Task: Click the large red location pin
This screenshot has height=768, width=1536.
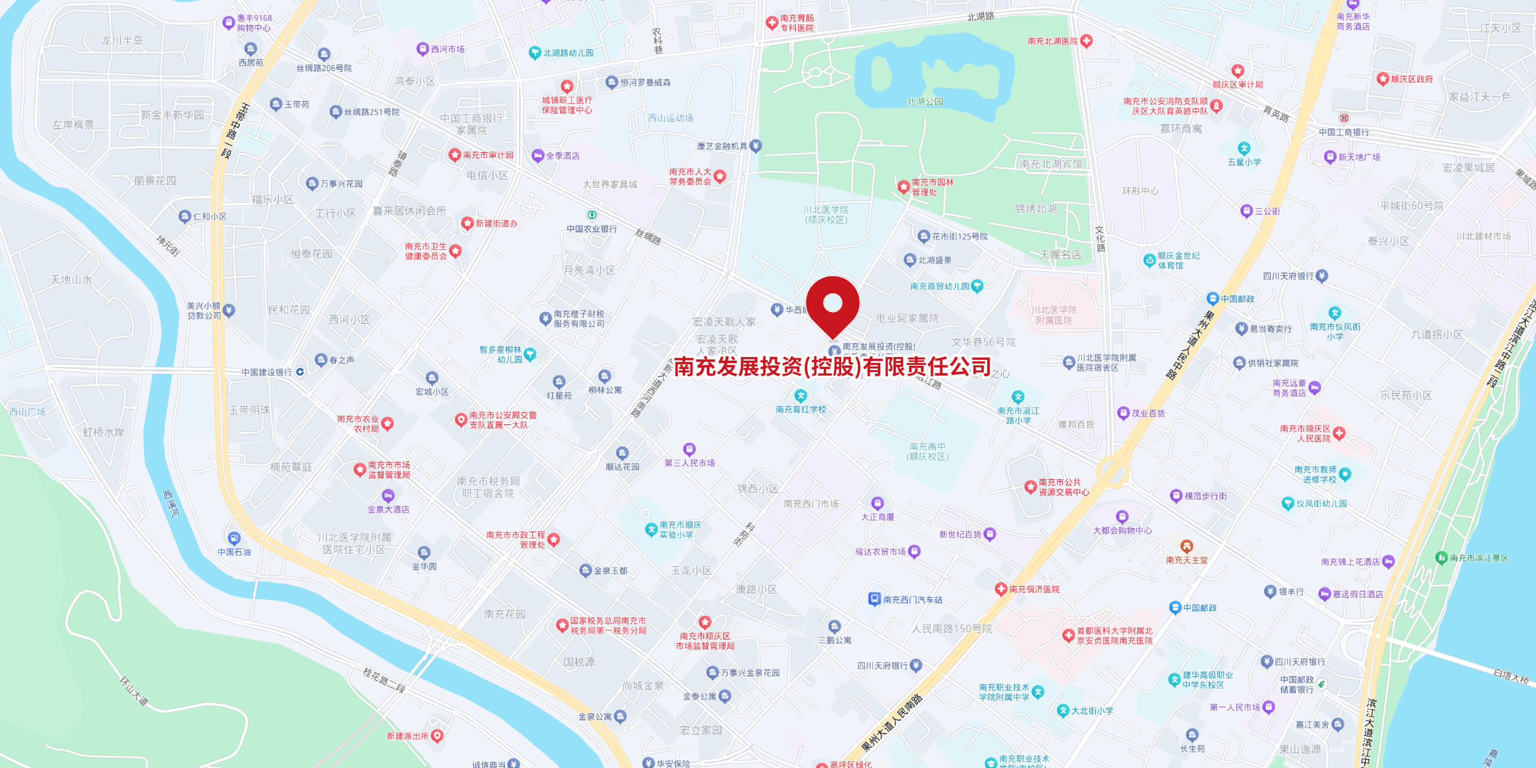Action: pyautogui.click(x=832, y=304)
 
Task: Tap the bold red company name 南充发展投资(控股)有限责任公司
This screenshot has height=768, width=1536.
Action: pyautogui.click(x=832, y=367)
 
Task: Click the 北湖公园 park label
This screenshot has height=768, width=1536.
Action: pyautogui.click(x=925, y=102)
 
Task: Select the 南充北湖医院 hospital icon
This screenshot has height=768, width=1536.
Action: pyautogui.click(x=1086, y=41)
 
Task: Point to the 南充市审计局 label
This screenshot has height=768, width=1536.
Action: pyautogui.click(x=488, y=155)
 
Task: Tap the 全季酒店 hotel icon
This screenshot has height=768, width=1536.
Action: pyautogui.click(x=538, y=156)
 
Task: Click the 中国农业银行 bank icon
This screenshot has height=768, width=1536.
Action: pyautogui.click(x=592, y=215)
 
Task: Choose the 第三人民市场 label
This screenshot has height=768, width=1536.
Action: pyautogui.click(x=689, y=463)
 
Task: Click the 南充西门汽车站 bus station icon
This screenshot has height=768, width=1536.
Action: pyautogui.click(x=874, y=599)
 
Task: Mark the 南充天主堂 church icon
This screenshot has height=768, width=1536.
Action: pyautogui.click(x=1186, y=547)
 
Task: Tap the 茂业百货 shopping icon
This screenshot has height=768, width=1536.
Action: pyautogui.click(x=1123, y=413)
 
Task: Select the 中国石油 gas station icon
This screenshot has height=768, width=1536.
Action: pyautogui.click(x=234, y=538)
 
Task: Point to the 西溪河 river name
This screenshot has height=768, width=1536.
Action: pyautogui.click(x=171, y=504)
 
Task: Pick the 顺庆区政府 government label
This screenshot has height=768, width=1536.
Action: pyautogui.click(x=1412, y=79)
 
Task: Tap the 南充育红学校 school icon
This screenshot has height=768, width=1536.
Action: pyautogui.click(x=800, y=396)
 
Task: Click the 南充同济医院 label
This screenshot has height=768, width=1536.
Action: pyautogui.click(x=1034, y=590)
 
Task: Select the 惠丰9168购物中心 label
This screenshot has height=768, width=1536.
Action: pyautogui.click(x=254, y=23)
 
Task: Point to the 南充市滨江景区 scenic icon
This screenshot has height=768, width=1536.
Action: pyautogui.click(x=1441, y=558)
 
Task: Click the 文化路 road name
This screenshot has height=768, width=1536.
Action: pyautogui.click(x=1100, y=239)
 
